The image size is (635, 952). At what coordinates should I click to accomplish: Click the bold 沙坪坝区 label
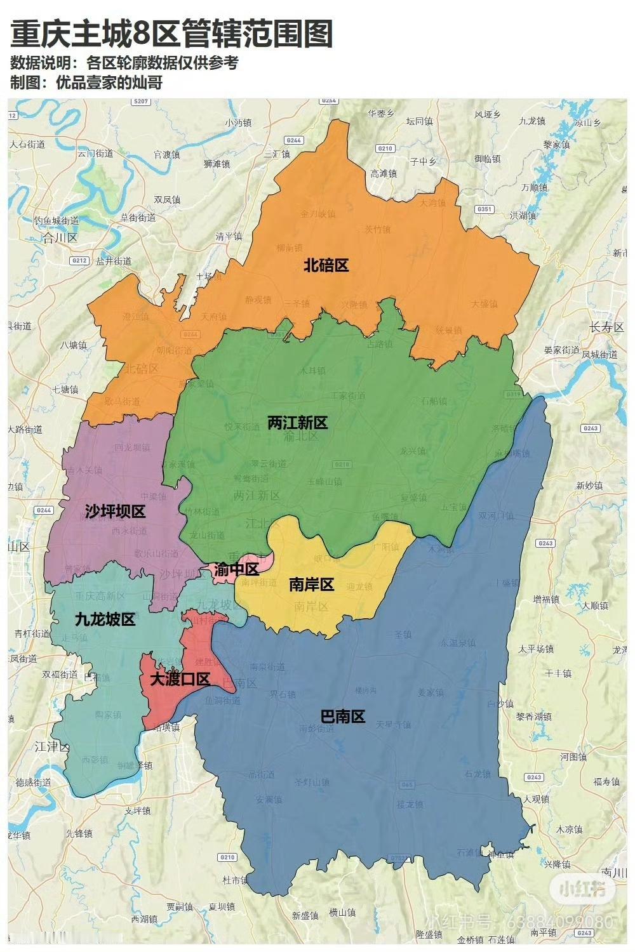point(115,512)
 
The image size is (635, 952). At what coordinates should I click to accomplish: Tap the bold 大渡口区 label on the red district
point(180,679)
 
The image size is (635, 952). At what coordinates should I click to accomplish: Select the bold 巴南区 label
point(342,717)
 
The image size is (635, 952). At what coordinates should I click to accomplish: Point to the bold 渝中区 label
point(236,569)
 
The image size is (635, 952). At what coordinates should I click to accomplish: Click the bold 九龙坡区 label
point(105,619)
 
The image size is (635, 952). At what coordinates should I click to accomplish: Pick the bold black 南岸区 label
point(311,585)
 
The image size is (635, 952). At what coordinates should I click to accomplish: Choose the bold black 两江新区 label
point(297,423)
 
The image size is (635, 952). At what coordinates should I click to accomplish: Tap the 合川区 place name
point(59,238)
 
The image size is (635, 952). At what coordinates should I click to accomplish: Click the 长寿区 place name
point(606,327)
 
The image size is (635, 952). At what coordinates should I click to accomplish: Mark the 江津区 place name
point(52,746)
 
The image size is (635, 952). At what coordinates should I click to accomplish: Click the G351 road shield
point(485,209)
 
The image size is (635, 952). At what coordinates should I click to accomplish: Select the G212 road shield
point(79,260)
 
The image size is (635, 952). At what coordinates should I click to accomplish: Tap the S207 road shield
point(140,102)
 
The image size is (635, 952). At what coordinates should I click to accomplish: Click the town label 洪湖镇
point(523,215)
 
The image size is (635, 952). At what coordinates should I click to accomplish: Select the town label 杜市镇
point(235,880)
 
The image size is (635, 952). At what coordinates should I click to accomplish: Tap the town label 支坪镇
point(137,810)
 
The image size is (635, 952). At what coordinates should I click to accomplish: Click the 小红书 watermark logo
point(582,889)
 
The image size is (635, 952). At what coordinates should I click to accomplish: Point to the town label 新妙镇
point(589,486)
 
